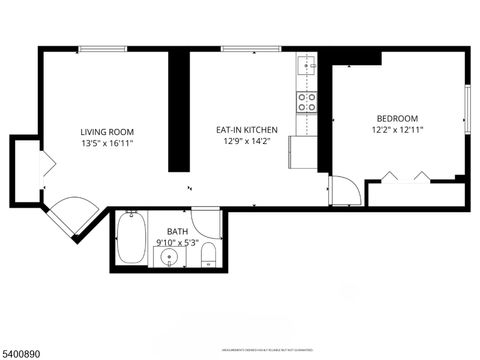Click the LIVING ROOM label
point(107,132)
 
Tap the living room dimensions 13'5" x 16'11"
point(107,144)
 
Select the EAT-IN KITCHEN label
point(246,129)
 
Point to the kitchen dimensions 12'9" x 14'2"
point(246,142)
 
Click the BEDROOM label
point(397,117)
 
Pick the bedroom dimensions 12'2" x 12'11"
point(397,129)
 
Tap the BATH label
point(177,231)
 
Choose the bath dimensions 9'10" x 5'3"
point(177,243)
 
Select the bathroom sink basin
point(171,258)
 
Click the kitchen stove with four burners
point(306,101)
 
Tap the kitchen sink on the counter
point(306,68)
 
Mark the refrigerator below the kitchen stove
point(303,151)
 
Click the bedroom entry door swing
point(343,190)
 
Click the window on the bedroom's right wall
point(467,110)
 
